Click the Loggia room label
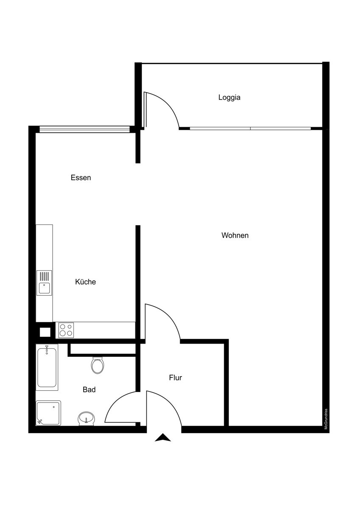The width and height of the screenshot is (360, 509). (229, 97)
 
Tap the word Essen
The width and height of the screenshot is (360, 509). (81, 178)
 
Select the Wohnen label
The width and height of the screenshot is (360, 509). (235, 235)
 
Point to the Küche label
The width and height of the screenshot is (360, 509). (85, 282)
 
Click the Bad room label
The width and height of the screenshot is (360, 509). (89, 389)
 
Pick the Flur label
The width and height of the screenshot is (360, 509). (175, 378)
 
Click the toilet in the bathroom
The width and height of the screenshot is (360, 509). (98, 365)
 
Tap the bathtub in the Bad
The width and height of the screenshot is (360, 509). (47, 367)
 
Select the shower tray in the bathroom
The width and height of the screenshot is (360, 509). (48, 413)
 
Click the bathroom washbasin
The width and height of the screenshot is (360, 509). (86, 418)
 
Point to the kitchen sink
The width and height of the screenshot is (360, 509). (44, 283)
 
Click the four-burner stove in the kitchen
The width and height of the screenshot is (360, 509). (66, 330)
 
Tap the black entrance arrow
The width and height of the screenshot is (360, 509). (163, 438)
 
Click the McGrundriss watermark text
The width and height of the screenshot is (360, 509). (326, 419)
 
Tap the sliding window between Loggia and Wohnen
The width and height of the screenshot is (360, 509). (250, 128)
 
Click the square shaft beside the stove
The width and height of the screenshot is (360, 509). (45, 331)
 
